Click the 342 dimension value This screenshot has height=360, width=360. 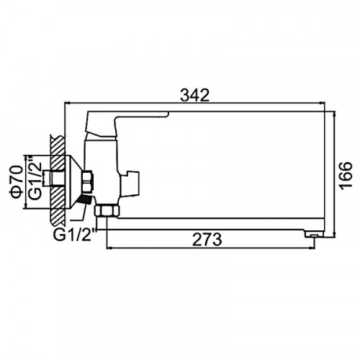pyautogui.click(x=194, y=95)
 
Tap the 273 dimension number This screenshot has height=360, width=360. pyautogui.click(x=207, y=240)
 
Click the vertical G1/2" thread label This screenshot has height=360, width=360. pyautogui.click(x=35, y=178)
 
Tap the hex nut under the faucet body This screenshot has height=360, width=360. pyautogui.click(x=107, y=210)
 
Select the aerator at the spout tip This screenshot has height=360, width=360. pyautogui.click(x=314, y=234)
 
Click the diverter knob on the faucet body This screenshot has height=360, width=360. pyautogui.click(x=130, y=183)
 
